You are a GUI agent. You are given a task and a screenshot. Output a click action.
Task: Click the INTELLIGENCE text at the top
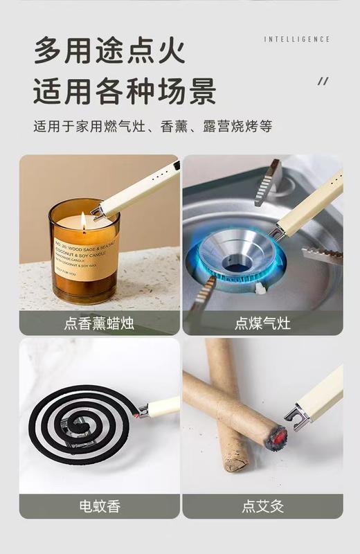[297, 39]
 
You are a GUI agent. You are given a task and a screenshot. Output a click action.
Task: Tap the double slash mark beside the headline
[323, 82]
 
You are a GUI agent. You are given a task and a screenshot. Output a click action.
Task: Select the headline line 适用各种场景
[125, 91]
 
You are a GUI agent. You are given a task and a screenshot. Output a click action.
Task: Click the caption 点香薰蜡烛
[99, 323]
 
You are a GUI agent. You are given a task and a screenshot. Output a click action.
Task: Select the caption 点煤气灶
[262, 323]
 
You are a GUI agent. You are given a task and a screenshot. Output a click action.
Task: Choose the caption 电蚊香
[99, 506]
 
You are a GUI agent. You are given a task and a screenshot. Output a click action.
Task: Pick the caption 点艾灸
[262, 506]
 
